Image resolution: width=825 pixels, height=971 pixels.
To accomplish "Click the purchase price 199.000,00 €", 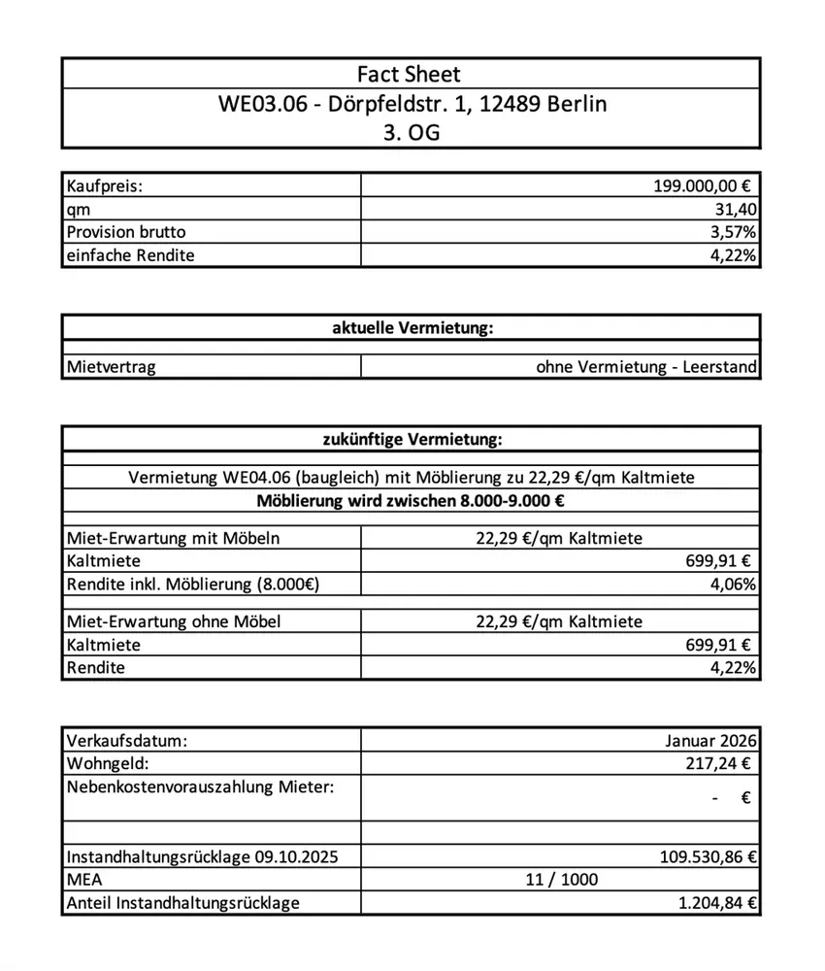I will coord(704,186).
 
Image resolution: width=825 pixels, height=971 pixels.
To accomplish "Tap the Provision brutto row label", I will coord(126,232).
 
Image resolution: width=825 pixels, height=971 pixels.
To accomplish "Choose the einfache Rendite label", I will coord(131,255).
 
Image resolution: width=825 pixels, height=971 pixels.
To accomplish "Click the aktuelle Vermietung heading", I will coord(412,328).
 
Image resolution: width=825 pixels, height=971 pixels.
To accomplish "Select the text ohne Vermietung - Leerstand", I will coord(645,368).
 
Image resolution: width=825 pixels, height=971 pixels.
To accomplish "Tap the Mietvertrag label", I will coord(111,368).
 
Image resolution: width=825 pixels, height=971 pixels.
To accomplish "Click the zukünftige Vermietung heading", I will coord(412,441).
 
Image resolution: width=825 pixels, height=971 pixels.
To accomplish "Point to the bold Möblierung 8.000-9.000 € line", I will coord(412,502).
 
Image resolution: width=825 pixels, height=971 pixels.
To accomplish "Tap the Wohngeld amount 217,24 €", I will coord(718,764).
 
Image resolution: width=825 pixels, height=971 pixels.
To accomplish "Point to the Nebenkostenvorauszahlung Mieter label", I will coord(199,787).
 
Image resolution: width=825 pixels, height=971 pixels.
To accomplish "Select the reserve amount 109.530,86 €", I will coord(708,856).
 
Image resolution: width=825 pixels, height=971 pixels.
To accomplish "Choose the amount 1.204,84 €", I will coord(718,903).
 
